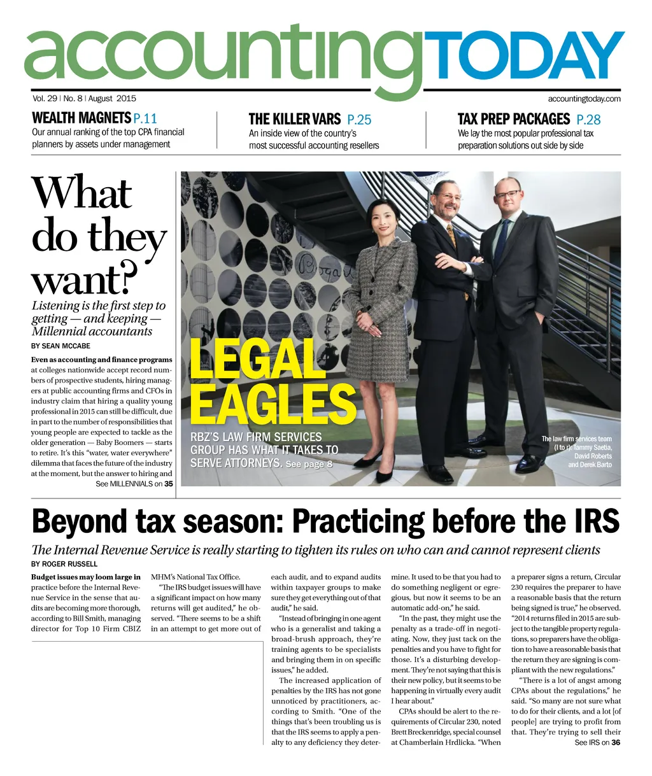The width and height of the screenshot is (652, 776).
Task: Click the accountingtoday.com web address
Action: (584, 99)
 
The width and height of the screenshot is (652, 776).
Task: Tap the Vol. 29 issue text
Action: (45, 99)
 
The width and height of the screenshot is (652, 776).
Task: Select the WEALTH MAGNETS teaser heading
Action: (81, 118)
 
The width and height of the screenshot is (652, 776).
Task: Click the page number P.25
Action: (359, 120)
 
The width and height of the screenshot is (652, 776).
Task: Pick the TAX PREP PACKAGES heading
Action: (513, 119)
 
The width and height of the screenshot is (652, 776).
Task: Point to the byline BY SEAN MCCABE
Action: (61, 346)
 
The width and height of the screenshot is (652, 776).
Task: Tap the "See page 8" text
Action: (309, 464)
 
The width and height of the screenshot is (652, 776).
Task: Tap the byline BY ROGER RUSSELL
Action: (64, 564)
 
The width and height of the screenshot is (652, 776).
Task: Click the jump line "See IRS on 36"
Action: (597, 742)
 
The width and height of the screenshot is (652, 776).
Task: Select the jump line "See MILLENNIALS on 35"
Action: (134, 484)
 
